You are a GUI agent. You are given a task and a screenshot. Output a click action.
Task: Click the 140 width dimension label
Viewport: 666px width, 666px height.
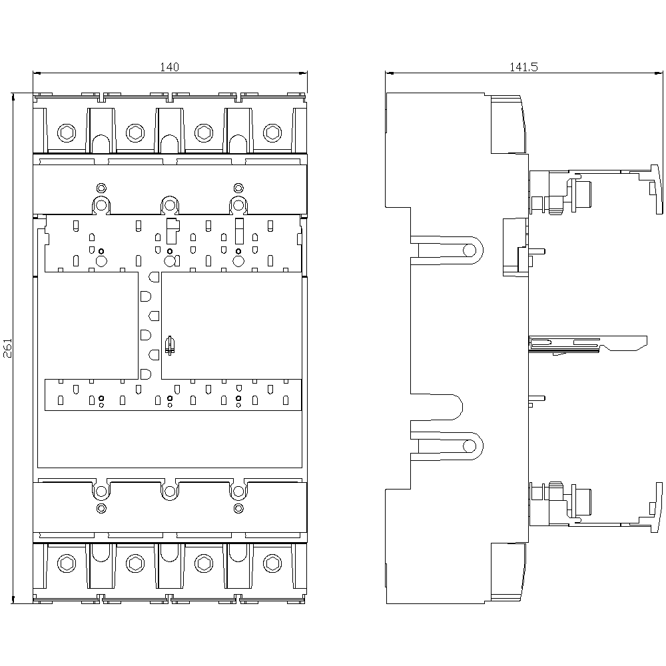pos(169,67)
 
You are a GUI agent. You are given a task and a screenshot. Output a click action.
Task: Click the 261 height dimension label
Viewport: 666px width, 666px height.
pos(8,348)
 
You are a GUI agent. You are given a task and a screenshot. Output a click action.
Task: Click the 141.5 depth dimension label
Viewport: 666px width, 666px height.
pos(523,67)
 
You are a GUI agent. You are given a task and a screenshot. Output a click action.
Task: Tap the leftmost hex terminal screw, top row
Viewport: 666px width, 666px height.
pos(67,133)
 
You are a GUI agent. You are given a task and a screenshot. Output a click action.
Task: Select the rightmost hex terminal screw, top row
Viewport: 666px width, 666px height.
pos(272,133)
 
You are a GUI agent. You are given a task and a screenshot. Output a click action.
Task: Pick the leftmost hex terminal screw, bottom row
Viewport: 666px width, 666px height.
pos(67,563)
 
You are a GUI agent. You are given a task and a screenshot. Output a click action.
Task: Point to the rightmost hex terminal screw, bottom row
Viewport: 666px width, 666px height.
pos(272,563)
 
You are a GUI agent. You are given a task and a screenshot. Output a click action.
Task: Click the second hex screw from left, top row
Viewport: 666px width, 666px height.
pos(135,133)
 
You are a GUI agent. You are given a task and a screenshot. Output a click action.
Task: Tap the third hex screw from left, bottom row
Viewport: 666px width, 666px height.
pos(204,563)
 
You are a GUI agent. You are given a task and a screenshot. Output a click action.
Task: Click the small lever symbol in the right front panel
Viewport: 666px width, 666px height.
pos(170,345)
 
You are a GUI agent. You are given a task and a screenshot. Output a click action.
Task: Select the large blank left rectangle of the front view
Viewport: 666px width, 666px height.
pos(88,326)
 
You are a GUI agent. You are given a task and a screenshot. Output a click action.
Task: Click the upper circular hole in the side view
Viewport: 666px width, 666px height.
pos(470,250)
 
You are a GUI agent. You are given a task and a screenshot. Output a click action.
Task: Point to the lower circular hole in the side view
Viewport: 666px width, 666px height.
pos(470,446)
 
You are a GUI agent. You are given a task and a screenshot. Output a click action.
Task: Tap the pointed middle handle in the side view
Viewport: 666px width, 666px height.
pos(588,343)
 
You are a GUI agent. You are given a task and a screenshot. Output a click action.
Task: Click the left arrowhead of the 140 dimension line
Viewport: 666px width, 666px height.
pos(37,73)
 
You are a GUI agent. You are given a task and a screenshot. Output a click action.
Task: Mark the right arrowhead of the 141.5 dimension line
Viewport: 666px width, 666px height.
pos(658,73)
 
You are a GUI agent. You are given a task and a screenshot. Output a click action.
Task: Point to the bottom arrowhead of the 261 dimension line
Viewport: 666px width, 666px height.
pos(13,599)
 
